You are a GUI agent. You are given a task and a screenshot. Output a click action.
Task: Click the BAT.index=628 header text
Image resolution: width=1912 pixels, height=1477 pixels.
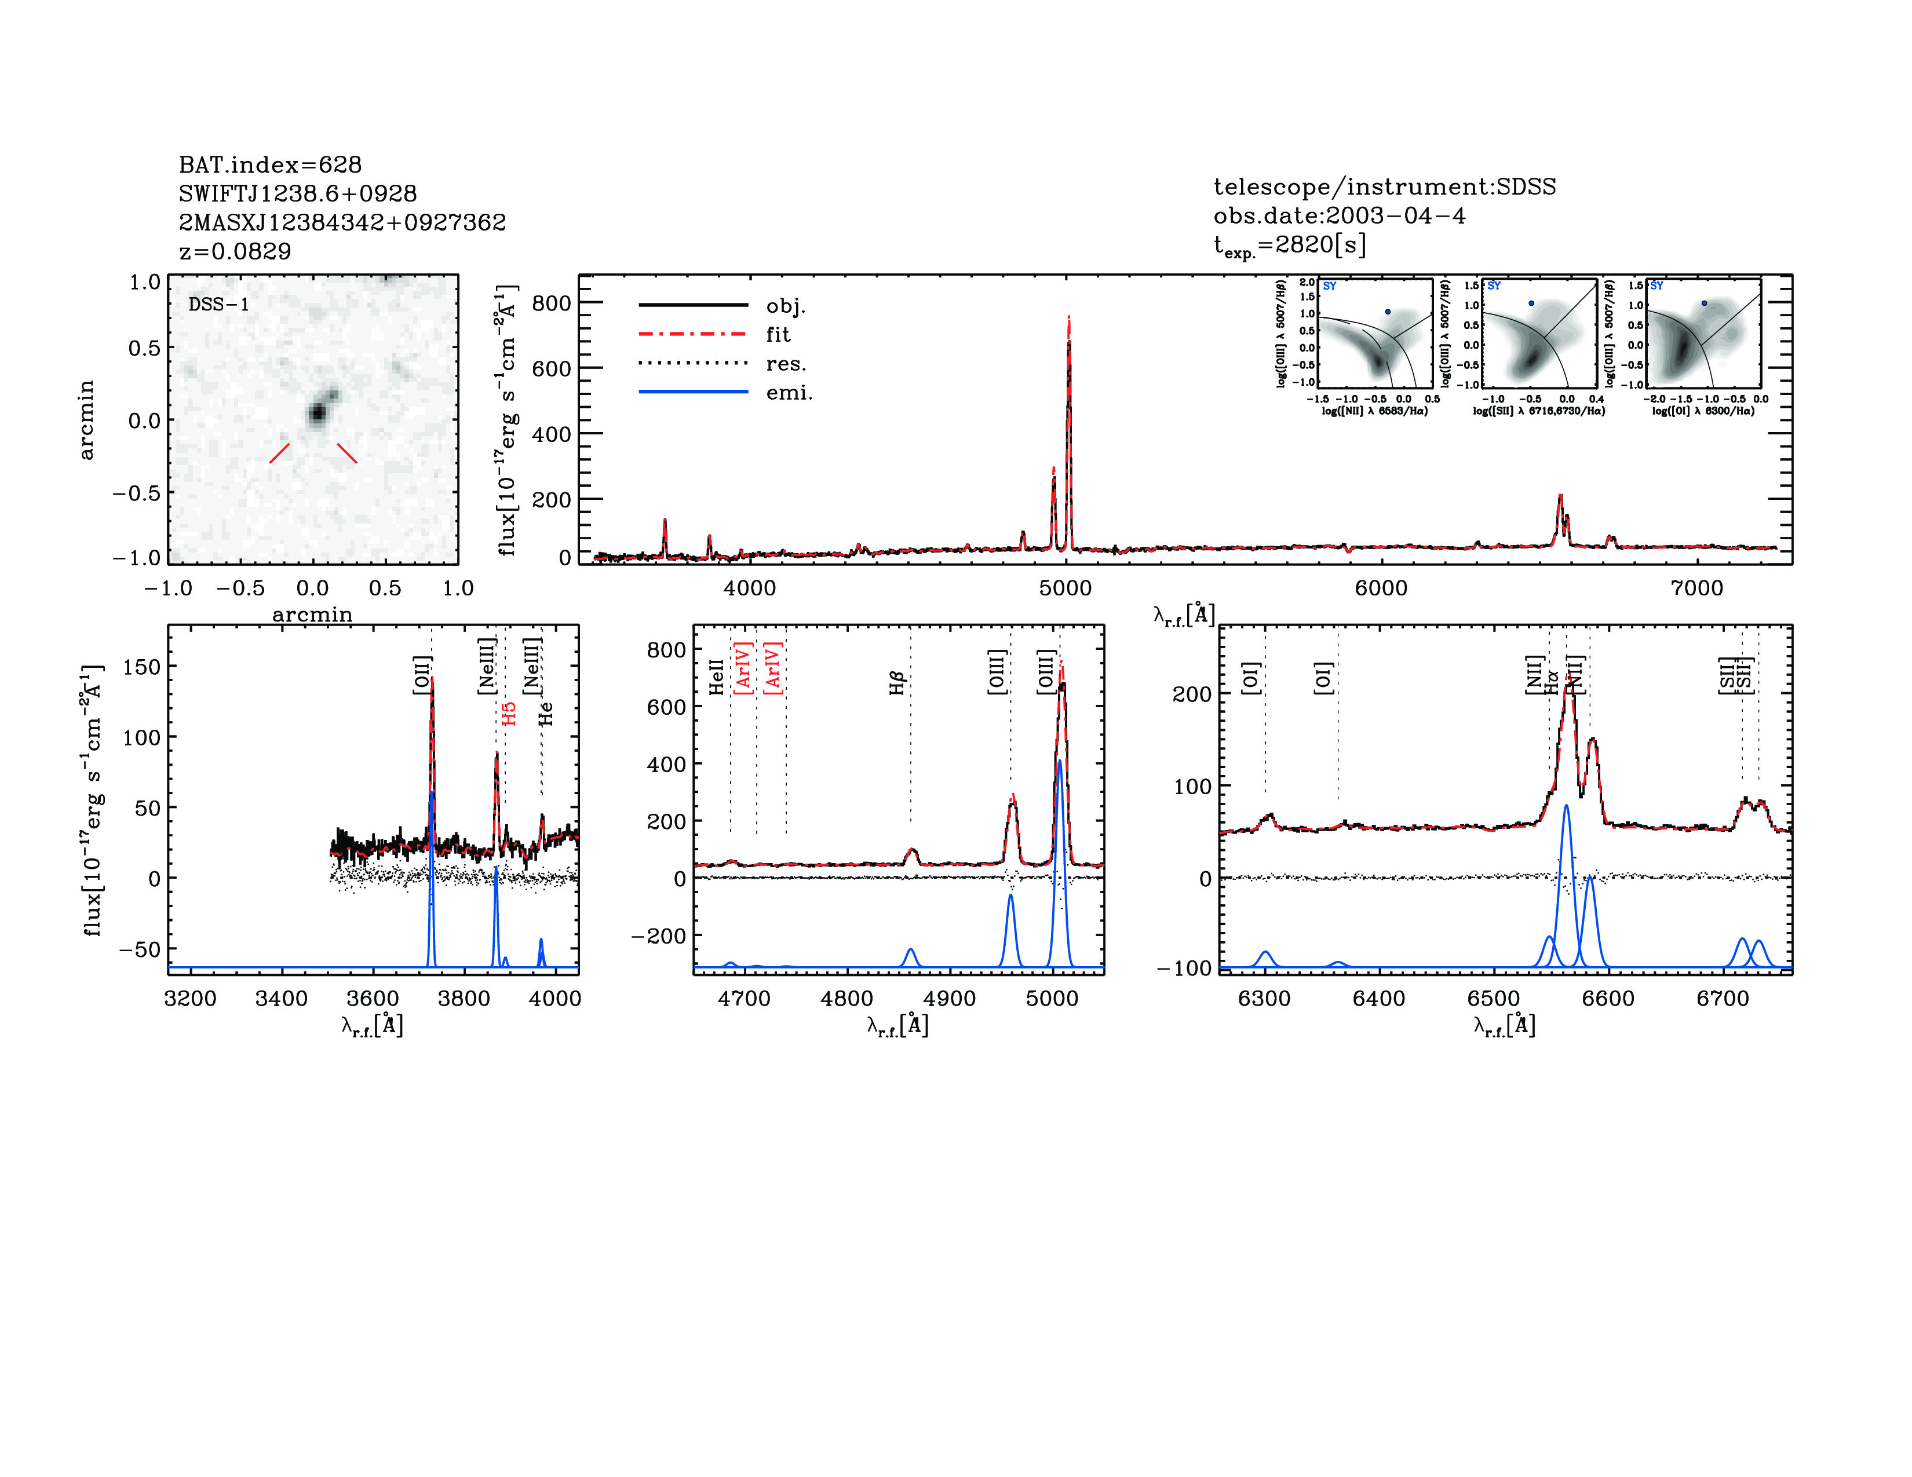pos(269,164)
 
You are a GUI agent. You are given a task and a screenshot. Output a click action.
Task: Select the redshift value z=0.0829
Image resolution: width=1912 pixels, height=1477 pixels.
pos(235,251)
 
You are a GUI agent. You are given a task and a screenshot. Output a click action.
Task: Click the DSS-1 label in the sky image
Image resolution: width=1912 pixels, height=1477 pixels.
pos(219,305)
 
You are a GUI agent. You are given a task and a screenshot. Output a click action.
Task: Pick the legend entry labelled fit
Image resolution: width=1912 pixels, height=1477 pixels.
pos(778,334)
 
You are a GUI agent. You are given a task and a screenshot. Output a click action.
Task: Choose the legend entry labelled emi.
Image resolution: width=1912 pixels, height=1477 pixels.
pos(789,393)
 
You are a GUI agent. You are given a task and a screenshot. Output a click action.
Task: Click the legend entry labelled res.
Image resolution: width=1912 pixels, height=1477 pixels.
pos(785,364)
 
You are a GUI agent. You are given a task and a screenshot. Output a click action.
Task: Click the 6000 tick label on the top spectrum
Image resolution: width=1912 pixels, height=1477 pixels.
pos(1381,588)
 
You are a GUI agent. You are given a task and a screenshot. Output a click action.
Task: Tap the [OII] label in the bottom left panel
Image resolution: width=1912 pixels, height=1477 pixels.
pos(422,675)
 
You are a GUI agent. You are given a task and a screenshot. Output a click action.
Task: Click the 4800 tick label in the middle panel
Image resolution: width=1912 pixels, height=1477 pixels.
pos(846,999)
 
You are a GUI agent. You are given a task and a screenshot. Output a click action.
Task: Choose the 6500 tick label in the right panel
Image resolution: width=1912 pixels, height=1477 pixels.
pos(1494,999)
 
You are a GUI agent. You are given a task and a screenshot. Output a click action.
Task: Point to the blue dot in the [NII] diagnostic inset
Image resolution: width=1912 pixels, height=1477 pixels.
pos(1388,312)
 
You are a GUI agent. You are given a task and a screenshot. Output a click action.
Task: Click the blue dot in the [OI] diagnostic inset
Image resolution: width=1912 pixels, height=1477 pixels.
pos(1705,303)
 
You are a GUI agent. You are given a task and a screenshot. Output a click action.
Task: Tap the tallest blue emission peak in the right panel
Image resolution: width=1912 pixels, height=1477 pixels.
pos(1566,807)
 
